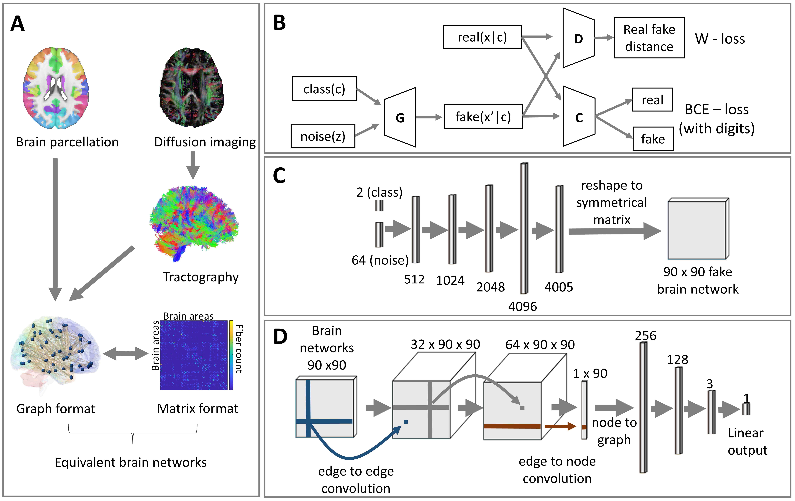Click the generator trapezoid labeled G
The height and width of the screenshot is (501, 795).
pyautogui.click(x=400, y=118)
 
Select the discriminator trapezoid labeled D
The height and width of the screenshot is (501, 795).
pyautogui.click(x=578, y=38)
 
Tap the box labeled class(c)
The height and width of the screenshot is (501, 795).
pyautogui.click(x=324, y=89)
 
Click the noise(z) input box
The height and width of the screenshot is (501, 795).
pyautogui.click(x=323, y=136)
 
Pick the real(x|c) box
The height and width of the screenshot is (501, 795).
pyautogui.click(x=482, y=37)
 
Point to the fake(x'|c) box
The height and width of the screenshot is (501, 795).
pyautogui.click(x=483, y=116)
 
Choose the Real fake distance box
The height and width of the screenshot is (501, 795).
pyautogui.click(x=649, y=38)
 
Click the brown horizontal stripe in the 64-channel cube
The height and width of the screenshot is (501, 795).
pyautogui.click(x=512, y=426)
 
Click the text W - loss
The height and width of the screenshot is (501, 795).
pyautogui.click(x=720, y=39)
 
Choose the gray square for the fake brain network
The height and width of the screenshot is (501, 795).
pyautogui.click(x=697, y=230)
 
